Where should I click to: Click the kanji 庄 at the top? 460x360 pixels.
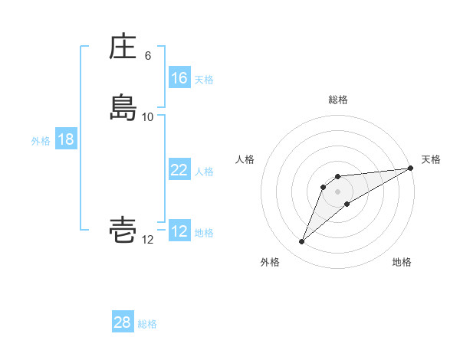(x=123, y=47)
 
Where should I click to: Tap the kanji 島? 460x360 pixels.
(x=123, y=106)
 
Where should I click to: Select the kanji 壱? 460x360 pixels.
(x=123, y=230)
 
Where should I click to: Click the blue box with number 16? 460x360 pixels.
(x=179, y=78)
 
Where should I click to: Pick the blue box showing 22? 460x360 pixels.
(x=179, y=170)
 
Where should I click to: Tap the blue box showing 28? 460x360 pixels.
(x=123, y=322)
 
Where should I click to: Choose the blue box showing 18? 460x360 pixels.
(x=65, y=139)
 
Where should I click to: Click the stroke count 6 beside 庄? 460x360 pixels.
(x=148, y=56)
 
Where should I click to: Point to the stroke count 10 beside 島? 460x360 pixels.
(x=148, y=116)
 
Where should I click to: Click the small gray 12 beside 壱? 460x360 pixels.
(x=148, y=240)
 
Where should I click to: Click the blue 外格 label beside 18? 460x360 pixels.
(x=41, y=141)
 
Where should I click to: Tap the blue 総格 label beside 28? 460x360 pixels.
(x=147, y=324)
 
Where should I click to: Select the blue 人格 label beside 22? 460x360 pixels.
(x=204, y=172)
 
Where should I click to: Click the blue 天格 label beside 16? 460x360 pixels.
(x=204, y=80)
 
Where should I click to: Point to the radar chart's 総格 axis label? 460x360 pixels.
(x=337, y=100)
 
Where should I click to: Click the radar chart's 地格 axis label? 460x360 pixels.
(x=402, y=263)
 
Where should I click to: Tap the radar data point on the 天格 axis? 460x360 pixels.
(x=410, y=168)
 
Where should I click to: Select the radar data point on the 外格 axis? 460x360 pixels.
(x=302, y=242)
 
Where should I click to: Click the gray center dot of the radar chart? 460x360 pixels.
(x=337, y=191)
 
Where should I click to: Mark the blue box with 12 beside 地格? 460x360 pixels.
(x=179, y=231)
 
